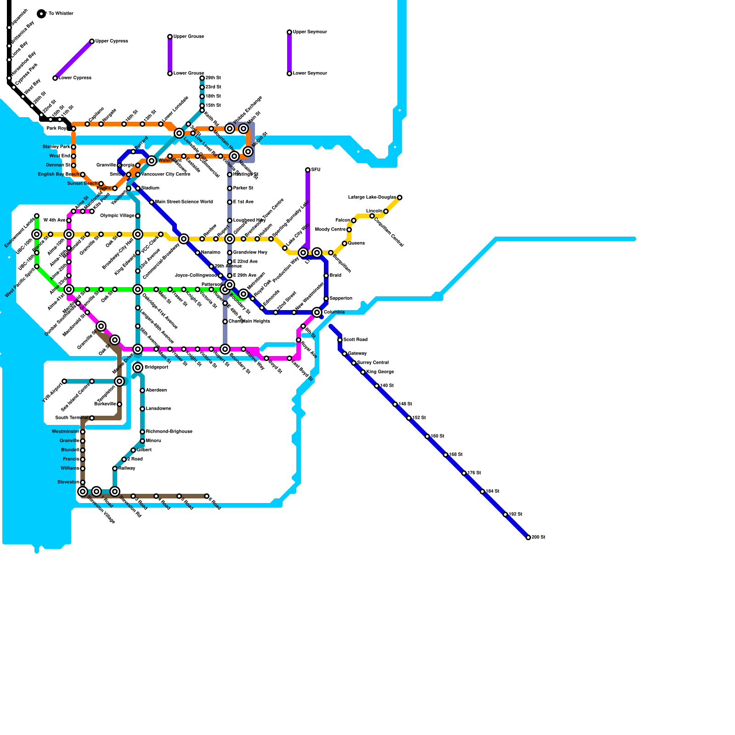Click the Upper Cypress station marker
tap(92, 41)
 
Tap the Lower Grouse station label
tap(188, 73)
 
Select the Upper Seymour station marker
tap(289, 32)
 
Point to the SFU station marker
tap(308, 170)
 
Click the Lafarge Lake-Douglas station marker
tap(400, 198)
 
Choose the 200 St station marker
tap(528, 537)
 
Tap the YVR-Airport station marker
tap(64, 381)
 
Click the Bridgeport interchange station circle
tap(138, 367)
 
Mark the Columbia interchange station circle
tap(317, 312)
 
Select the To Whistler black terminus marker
tap(41, 14)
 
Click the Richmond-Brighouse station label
tap(169, 432)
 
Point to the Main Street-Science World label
tap(184, 202)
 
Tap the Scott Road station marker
tap(340, 340)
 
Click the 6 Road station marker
tap(207, 496)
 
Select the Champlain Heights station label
tap(249, 322)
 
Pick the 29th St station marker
tap(202, 78)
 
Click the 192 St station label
tap(515, 514)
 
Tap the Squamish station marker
tap(9, 28)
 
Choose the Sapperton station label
tap(341, 299)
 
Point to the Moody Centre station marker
tap(349, 230)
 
